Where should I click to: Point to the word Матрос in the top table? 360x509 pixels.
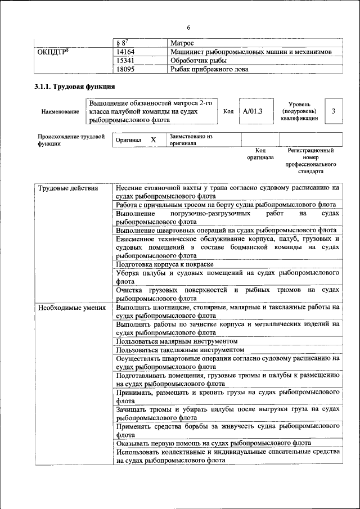pos(182,43)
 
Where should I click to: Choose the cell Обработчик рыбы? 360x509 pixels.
pos(199,60)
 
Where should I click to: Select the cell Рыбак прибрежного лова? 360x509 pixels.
pos(209,69)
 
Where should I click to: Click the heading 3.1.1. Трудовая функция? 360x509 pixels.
pos(75,87)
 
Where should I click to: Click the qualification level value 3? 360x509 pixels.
pos(334,111)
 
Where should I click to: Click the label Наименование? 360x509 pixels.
pos(60,111)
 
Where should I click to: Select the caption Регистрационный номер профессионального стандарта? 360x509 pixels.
pos(310,161)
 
